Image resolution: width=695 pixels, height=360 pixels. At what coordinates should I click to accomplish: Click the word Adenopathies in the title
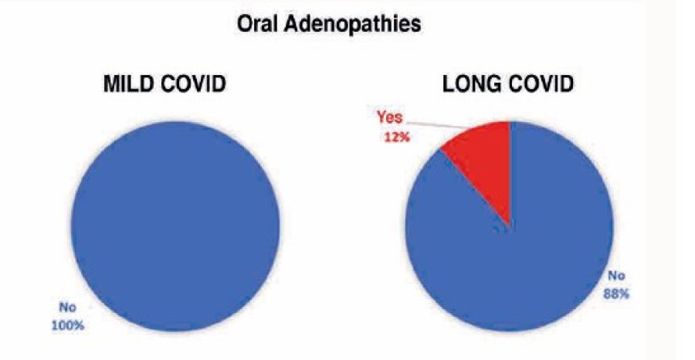352,25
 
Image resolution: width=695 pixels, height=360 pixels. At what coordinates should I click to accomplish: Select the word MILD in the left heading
129,84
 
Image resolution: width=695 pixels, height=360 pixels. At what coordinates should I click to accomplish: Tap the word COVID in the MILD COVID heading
194,84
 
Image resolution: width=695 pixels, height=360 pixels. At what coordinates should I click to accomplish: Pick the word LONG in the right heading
471,84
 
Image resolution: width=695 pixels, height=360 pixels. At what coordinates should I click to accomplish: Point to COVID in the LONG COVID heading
541,84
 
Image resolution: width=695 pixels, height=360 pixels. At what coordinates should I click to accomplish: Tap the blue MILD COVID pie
175,226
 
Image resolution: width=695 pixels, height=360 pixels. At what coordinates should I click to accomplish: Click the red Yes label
390,118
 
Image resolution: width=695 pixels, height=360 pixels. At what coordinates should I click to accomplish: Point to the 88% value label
615,294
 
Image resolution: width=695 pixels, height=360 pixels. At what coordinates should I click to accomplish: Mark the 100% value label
68,325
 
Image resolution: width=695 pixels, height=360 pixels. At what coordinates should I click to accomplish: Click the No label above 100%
68,307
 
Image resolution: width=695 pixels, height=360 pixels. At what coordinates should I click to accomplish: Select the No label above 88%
616,275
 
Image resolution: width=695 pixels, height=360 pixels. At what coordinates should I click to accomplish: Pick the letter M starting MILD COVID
112,84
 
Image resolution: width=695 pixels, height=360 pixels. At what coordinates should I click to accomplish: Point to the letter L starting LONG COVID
449,84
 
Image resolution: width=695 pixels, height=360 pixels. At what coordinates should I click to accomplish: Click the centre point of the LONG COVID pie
510,226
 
